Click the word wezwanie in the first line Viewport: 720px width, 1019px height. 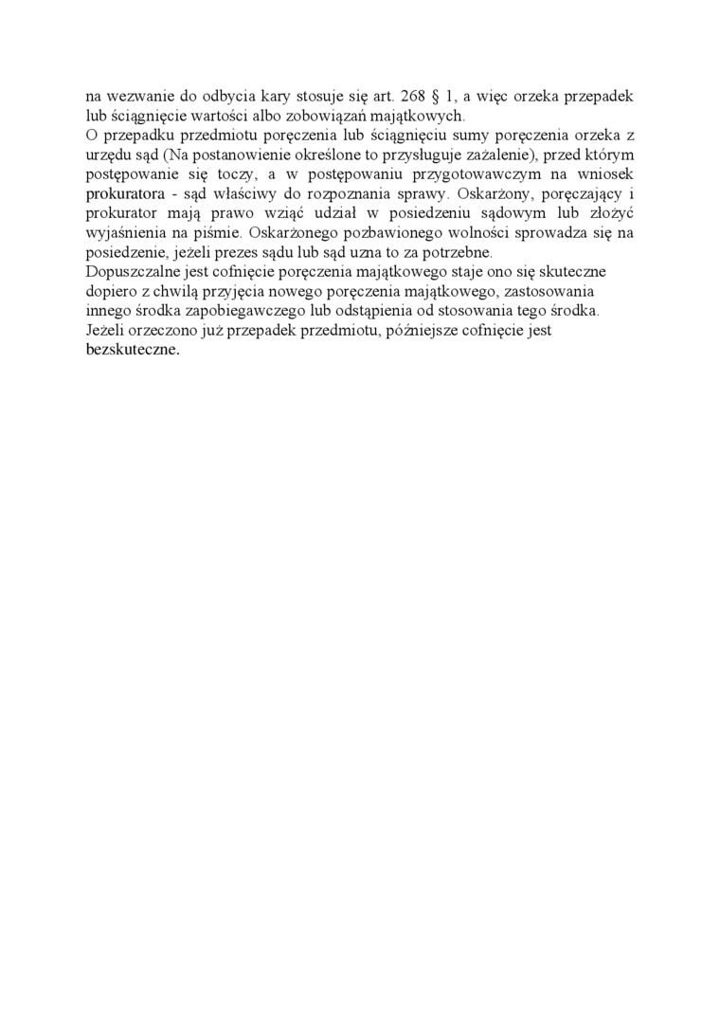tap(133, 96)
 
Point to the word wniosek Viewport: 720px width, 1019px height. tap(603, 174)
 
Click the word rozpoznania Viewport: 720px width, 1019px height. tap(357, 194)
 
